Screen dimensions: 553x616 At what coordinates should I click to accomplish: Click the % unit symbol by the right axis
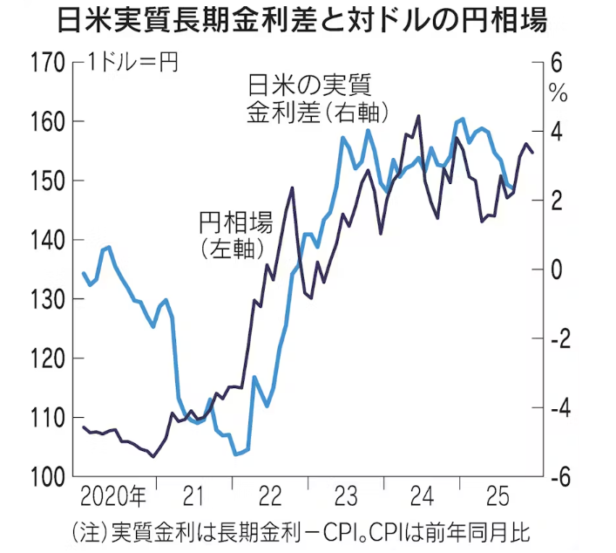[558, 90]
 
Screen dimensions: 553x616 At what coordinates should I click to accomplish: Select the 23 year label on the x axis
[344, 498]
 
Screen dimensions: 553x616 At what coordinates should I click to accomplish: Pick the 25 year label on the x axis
[498, 498]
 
